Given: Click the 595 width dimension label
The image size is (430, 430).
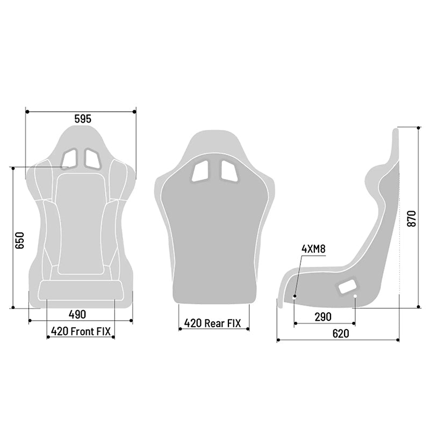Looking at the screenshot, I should pos(80,119).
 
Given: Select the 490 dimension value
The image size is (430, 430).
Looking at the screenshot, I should pos(77,314).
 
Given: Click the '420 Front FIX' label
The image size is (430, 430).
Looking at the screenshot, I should pos(81,331).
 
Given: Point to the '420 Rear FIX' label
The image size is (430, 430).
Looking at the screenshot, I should pos(213,323).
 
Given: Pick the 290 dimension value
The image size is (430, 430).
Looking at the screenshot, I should pos(322,317).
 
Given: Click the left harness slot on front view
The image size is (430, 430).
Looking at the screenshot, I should pos(70,157).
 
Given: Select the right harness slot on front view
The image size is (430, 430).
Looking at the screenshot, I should pos(91,157).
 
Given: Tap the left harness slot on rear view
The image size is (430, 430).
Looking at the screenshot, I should pos(202,170).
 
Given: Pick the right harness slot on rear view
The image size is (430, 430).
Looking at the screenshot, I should pos(227,170).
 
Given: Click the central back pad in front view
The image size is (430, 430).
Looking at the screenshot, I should pos(81,220).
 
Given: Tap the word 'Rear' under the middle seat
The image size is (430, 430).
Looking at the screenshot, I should pos(213,323).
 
